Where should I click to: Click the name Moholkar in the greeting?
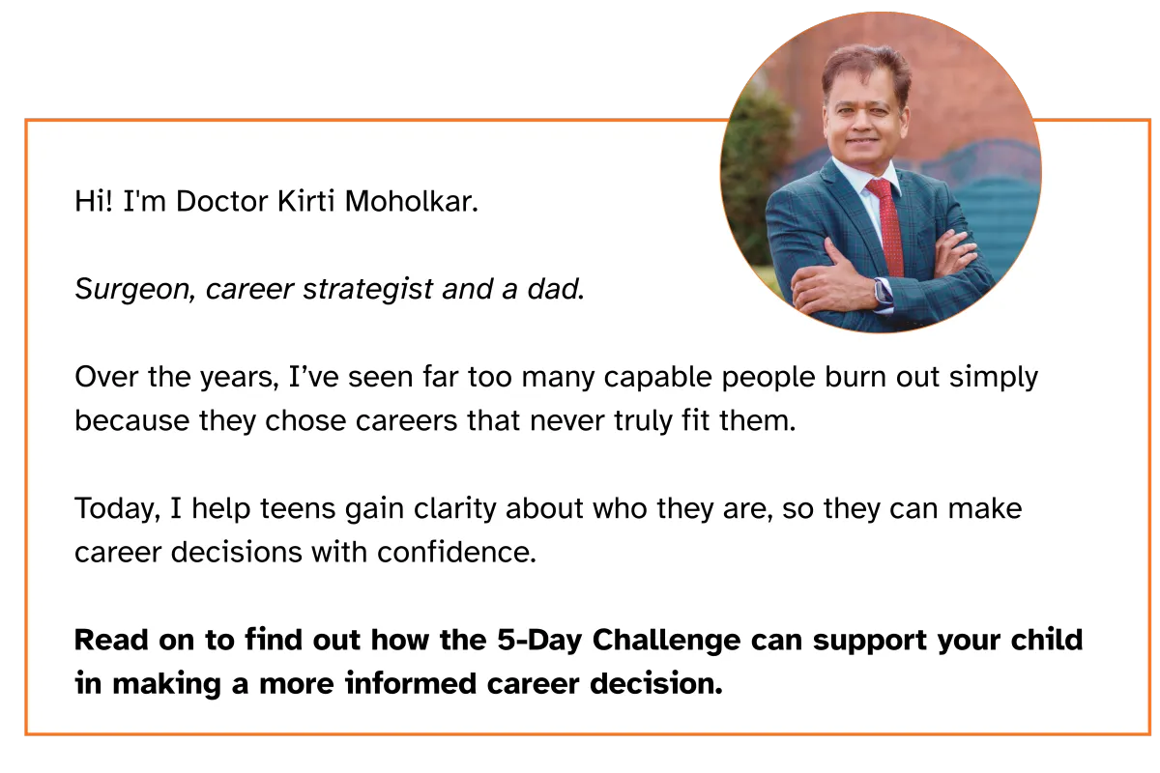pos(411,201)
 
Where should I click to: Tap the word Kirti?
pos(305,201)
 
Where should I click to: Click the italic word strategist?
pos(367,290)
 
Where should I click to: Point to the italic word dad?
pos(556,289)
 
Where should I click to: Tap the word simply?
pos(994,378)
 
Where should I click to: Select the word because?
pos(132,420)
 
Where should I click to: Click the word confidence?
pos(456,552)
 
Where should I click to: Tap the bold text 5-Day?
pos(539,641)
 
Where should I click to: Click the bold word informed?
pos(411,683)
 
